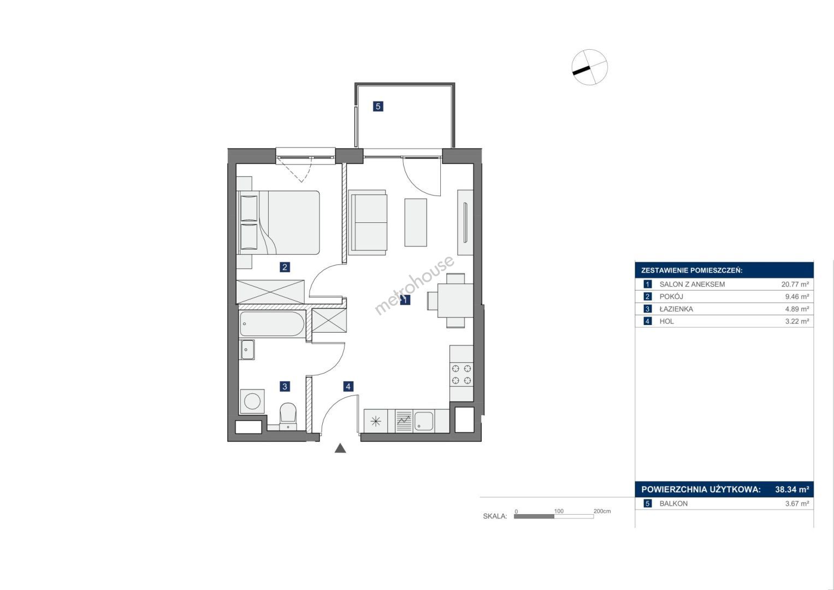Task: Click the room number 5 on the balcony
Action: pos(378,107)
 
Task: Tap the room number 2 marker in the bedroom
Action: pos(285,267)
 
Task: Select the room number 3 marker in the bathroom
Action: pos(285,386)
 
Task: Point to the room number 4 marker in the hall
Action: pos(348,386)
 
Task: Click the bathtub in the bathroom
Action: pos(273,324)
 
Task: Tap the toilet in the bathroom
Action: pos(288,416)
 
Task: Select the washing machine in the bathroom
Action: pos(252,401)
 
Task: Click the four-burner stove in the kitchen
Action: pos(462,375)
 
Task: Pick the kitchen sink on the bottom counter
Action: pos(423,421)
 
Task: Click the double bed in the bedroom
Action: pos(279,223)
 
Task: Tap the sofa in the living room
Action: pos(368,223)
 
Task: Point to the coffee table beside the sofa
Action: pos(416,222)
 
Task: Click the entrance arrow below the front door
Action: pos(340,448)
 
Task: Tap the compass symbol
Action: pos(590,67)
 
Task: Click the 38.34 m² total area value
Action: pos(792,489)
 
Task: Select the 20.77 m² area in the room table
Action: pos(795,284)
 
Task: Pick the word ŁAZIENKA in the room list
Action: pos(676,309)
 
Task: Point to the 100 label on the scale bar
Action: pos(559,511)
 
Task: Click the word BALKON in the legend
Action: pos(673,504)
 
